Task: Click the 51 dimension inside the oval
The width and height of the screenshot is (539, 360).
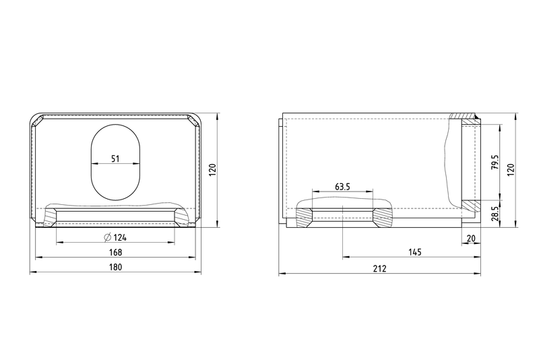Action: point(115,158)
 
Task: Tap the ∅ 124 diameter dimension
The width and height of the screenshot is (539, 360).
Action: point(115,237)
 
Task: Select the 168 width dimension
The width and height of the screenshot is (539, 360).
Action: point(115,252)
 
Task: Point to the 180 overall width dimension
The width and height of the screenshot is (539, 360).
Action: point(115,267)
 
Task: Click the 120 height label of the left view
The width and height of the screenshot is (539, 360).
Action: point(213,170)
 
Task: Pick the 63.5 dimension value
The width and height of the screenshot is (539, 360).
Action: point(342,187)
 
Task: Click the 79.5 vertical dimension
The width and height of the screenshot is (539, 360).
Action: point(495,162)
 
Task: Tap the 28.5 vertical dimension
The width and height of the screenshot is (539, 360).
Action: point(495,214)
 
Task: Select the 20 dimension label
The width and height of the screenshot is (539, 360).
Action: point(471,238)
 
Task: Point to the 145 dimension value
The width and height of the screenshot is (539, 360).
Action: point(415,252)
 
